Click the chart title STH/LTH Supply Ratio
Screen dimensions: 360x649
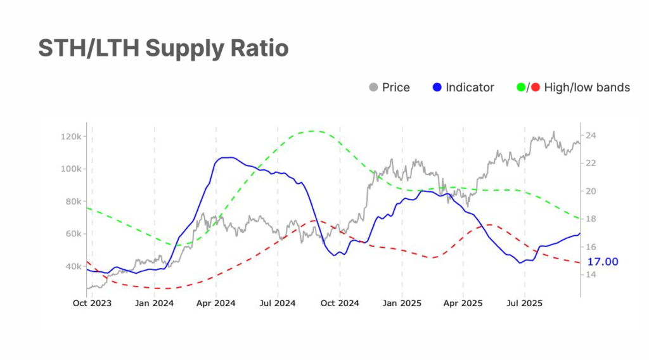pos(164,48)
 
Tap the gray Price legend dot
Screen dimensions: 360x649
pos(373,87)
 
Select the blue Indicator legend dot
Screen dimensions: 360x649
pos(436,87)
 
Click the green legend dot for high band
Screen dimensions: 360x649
pos(522,87)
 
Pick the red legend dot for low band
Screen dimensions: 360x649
pos(536,87)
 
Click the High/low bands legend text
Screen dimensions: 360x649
pos(587,87)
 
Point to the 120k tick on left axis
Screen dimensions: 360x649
pos(68,136)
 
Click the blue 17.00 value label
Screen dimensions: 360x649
pos(603,262)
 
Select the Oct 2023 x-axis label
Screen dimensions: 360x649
pos(92,304)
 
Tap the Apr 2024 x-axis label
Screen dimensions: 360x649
pos(216,304)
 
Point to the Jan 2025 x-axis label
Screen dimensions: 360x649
pos(401,304)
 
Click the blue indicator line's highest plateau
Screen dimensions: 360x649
pos(226,157)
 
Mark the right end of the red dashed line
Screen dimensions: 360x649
pos(579,262)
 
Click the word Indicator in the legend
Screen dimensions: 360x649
pos(470,87)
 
